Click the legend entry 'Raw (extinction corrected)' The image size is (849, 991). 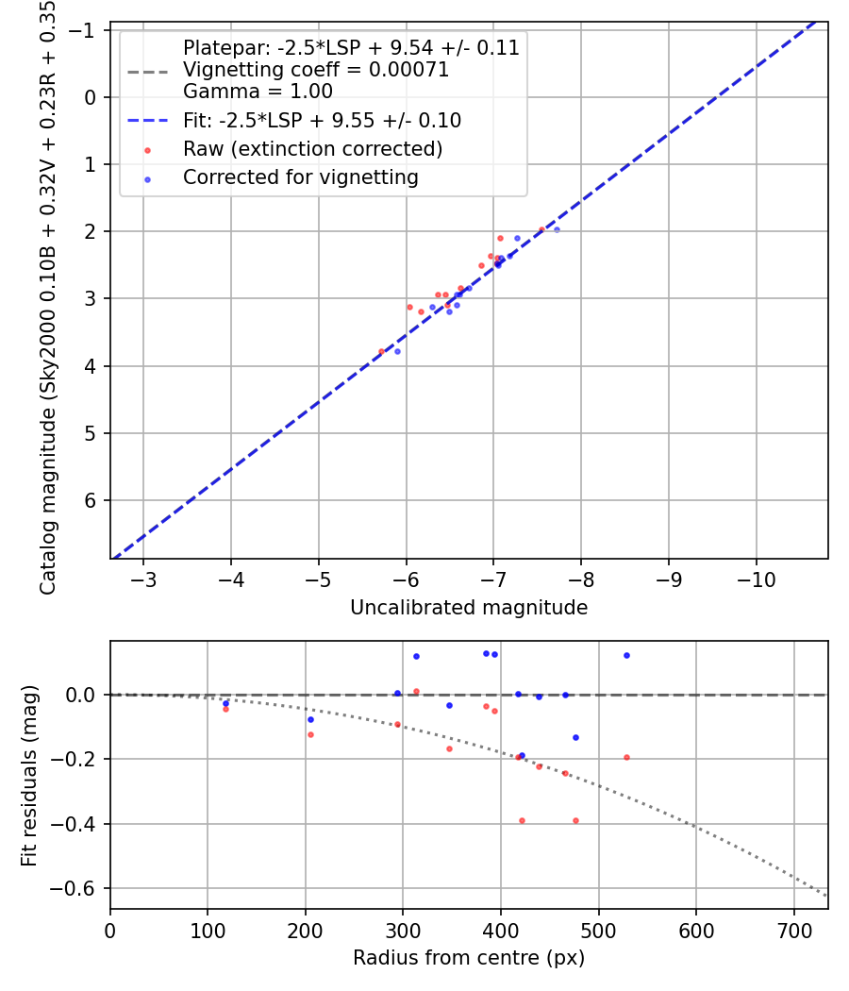[312, 149]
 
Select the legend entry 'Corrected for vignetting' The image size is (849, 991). [300, 176]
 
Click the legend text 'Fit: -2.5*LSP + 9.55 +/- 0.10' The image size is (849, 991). [322, 121]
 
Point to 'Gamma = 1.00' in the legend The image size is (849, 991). [258, 92]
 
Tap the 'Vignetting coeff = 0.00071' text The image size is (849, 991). [316, 70]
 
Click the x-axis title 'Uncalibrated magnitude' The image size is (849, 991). [469, 608]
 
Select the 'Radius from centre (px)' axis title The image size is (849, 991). [469, 958]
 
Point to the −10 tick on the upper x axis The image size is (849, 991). [756, 578]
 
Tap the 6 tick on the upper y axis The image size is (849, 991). [92, 500]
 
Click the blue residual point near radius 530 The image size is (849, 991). [626, 655]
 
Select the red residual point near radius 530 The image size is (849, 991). [626, 757]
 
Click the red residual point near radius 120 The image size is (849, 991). [225, 709]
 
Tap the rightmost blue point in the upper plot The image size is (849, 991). [557, 229]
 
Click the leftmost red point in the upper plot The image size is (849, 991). [381, 351]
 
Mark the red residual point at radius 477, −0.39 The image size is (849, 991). [575, 820]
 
